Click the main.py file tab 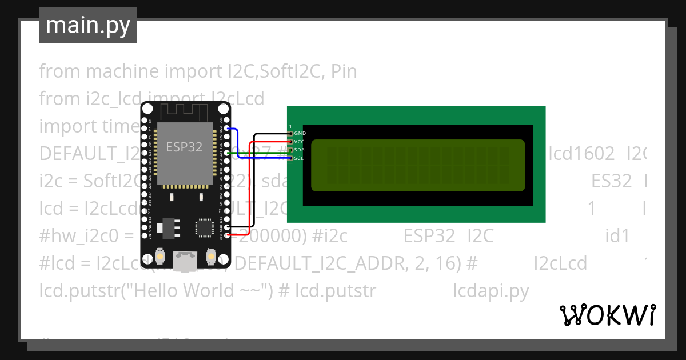pos(87,25)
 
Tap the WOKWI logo pos(607,315)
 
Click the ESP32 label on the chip pos(184,147)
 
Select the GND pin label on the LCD pos(300,133)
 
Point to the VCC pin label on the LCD pos(299,141)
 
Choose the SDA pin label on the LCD pos(299,150)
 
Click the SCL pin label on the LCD pos(298,158)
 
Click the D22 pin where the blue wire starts pos(227,129)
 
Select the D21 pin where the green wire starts pos(227,153)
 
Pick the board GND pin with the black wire pos(227,227)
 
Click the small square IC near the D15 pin pos(204,227)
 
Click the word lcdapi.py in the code pos(491,291)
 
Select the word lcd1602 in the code pos(581,154)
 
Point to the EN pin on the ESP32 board pos(150,121)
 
